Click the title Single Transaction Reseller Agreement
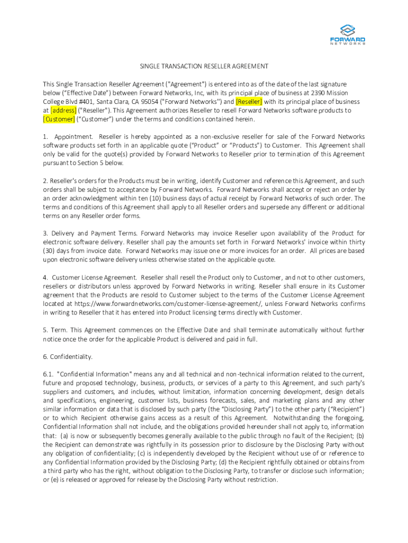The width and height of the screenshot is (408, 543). coord(204,66)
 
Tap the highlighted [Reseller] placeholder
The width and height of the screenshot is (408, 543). coord(249,101)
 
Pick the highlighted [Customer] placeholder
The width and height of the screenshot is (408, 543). coord(59,119)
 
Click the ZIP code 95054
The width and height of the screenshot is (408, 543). coord(135,101)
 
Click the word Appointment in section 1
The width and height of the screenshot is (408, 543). coord(73,137)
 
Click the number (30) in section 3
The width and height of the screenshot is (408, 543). coord(49,251)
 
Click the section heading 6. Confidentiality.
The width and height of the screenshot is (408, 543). coord(68,356)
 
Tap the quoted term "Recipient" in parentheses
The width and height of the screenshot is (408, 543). coord(344,409)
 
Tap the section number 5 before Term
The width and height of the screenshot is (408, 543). coord(46,330)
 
